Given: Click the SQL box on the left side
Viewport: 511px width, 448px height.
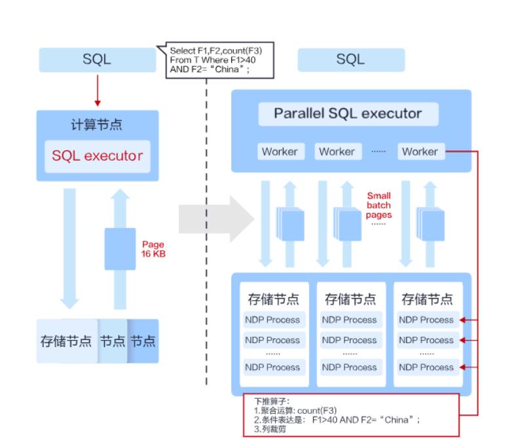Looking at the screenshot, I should [97, 60].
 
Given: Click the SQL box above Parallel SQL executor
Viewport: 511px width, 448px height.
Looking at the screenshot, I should [350, 60].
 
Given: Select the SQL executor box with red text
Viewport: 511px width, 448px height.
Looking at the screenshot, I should [97, 157].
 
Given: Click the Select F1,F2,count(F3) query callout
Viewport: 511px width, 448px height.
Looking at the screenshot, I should [216, 60].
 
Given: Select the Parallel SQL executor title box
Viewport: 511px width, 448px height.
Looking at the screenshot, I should [348, 114].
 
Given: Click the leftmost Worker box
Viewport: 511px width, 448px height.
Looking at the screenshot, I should [279, 152].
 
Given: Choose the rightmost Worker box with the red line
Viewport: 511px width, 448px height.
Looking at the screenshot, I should [419, 152].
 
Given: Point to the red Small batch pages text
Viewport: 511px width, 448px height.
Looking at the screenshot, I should [378, 205].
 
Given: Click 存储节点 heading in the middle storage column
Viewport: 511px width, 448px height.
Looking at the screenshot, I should [350, 300].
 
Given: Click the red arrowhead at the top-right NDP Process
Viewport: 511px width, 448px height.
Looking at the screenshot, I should [461, 320].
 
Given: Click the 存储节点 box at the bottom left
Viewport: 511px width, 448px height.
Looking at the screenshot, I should [66, 341].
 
